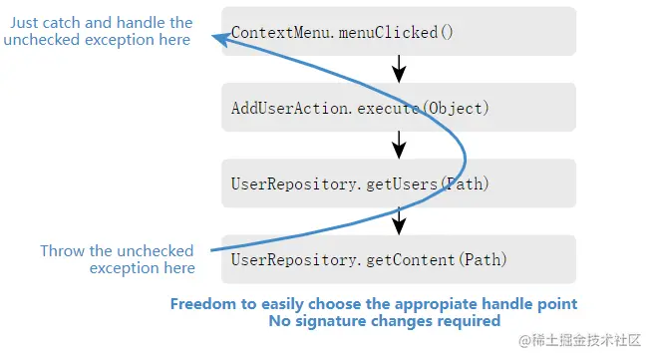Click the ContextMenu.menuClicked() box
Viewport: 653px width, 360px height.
point(399,31)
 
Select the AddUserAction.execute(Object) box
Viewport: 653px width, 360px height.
point(399,108)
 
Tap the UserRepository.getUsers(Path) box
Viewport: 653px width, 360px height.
point(399,183)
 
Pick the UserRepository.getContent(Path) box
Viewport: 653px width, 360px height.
point(399,259)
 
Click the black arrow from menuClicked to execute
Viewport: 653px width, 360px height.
point(399,70)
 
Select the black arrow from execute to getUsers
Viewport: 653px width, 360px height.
point(399,146)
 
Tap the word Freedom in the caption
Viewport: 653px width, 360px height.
point(204,304)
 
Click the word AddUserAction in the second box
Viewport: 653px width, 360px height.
point(289,108)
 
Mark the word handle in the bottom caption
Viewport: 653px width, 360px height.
point(509,304)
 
